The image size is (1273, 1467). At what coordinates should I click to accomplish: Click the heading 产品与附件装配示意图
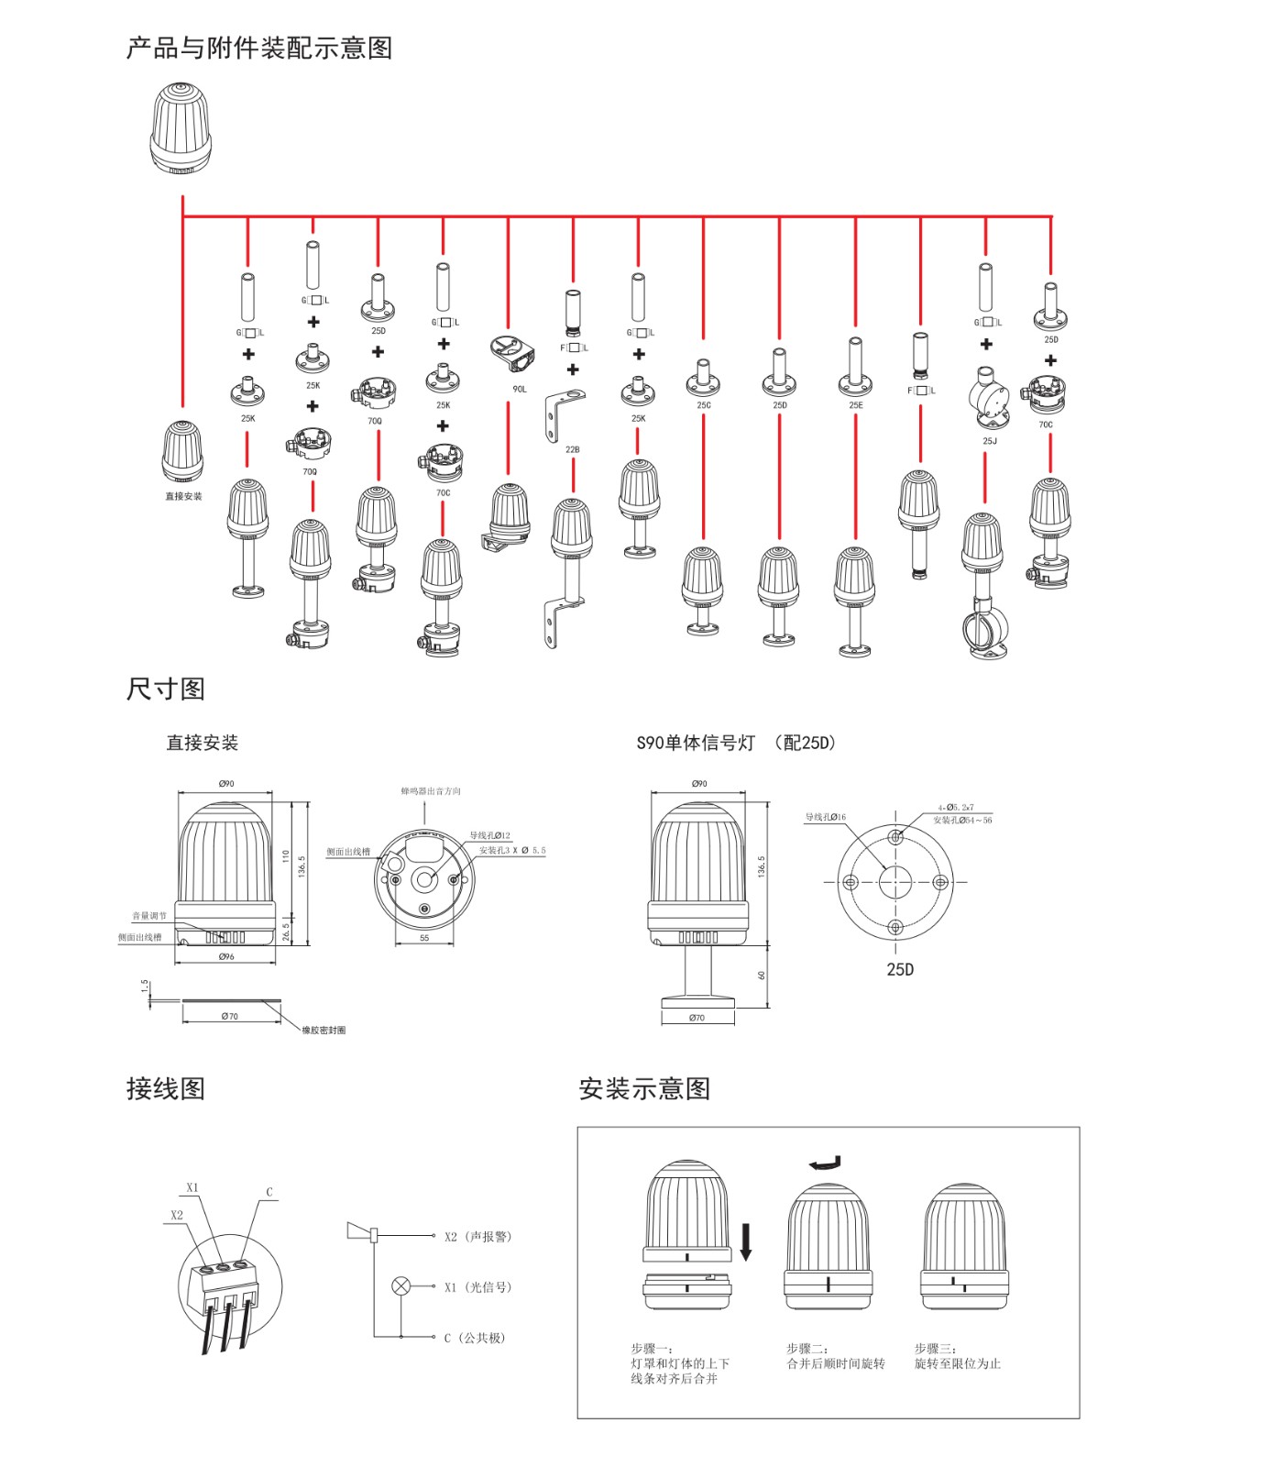tap(259, 48)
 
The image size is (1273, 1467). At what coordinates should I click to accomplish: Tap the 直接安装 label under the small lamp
tap(183, 497)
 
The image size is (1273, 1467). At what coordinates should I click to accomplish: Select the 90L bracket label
tap(520, 390)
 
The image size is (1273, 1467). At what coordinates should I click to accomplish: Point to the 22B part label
tap(572, 450)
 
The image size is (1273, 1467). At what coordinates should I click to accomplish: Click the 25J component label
tap(989, 441)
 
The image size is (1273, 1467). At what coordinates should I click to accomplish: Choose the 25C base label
tap(703, 405)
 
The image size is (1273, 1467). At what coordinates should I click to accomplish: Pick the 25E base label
tap(855, 405)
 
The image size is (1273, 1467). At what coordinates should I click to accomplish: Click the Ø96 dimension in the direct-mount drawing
tap(226, 956)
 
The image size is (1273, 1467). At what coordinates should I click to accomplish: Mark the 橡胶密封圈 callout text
tap(324, 1031)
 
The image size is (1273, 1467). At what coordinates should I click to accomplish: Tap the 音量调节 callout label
tap(149, 916)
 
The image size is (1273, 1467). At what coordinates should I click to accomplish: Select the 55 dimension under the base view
tap(424, 939)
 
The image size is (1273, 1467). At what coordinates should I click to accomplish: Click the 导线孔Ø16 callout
tap(825, 817)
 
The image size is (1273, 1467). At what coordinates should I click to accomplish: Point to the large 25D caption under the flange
tap(900, 970)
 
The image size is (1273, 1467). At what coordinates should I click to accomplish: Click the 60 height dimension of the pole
tap(762, 976)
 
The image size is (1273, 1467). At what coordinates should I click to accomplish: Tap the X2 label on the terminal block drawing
tap(177, 1215)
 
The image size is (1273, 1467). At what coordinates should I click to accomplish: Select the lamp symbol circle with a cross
tap(401, 1286)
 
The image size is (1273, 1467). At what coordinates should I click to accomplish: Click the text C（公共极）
tap(475, 1338)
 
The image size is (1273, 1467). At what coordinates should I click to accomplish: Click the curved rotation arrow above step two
tap(824, 1164)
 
